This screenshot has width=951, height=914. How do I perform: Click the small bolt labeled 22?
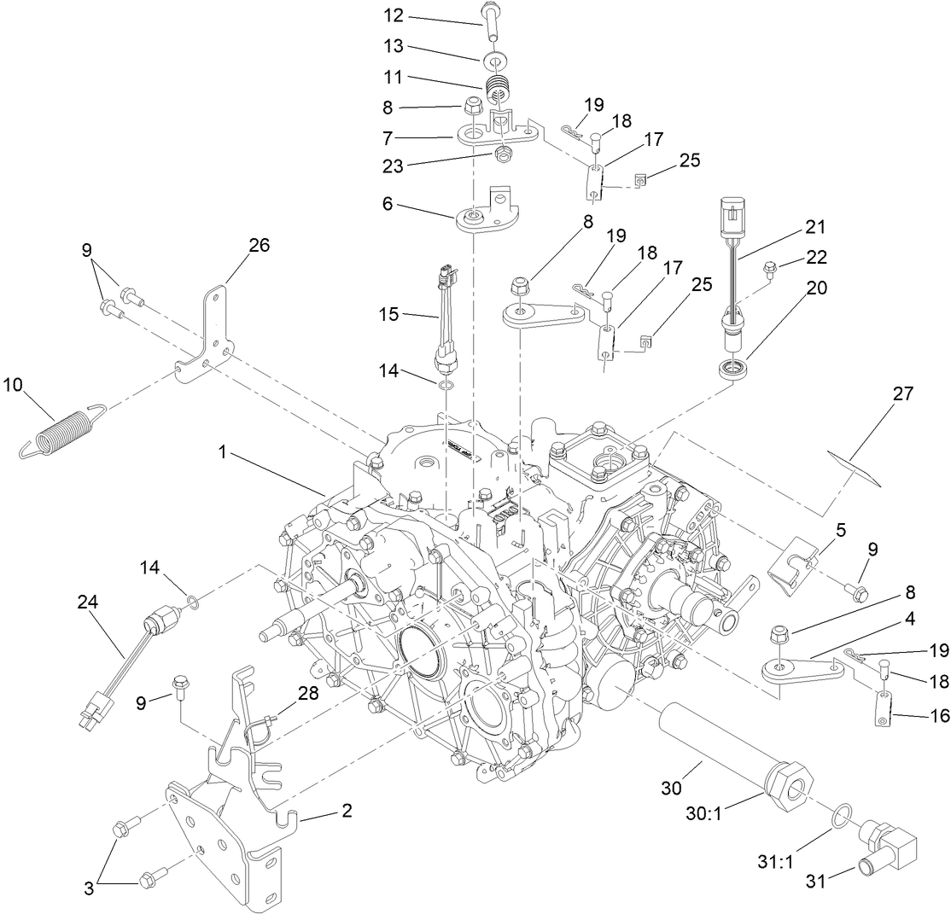769,268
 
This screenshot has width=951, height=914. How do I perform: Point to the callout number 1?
221,452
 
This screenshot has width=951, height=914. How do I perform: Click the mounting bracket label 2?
347,810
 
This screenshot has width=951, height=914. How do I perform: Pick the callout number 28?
308,694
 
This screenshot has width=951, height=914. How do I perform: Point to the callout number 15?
389,315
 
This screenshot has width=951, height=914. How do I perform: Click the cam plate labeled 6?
481,217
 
